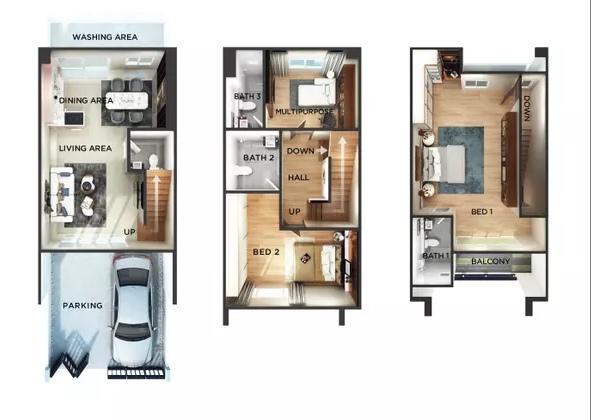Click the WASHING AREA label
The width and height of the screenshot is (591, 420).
[105, 37]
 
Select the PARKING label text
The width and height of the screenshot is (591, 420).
[83, 305]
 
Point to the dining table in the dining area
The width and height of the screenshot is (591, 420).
[126, 100]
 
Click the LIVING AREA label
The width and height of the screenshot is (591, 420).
[86, 149]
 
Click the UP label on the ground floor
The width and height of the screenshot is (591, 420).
[129, 232]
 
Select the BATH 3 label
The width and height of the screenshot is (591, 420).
[247, 96]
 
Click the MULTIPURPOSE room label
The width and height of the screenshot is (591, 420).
[305, 112]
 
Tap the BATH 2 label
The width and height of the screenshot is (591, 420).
[259, 158]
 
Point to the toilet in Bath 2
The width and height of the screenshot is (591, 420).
[242, 171]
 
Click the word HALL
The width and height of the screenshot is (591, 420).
[299, 178]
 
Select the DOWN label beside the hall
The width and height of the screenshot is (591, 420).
[300, 151]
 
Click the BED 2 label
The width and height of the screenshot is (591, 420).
[266, 252]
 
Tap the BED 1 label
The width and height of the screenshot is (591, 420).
[482, 212]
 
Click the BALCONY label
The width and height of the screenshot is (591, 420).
[490, 261]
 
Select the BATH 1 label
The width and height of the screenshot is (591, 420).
[436, 256]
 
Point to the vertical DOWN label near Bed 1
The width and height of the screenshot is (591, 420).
[527, 108]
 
